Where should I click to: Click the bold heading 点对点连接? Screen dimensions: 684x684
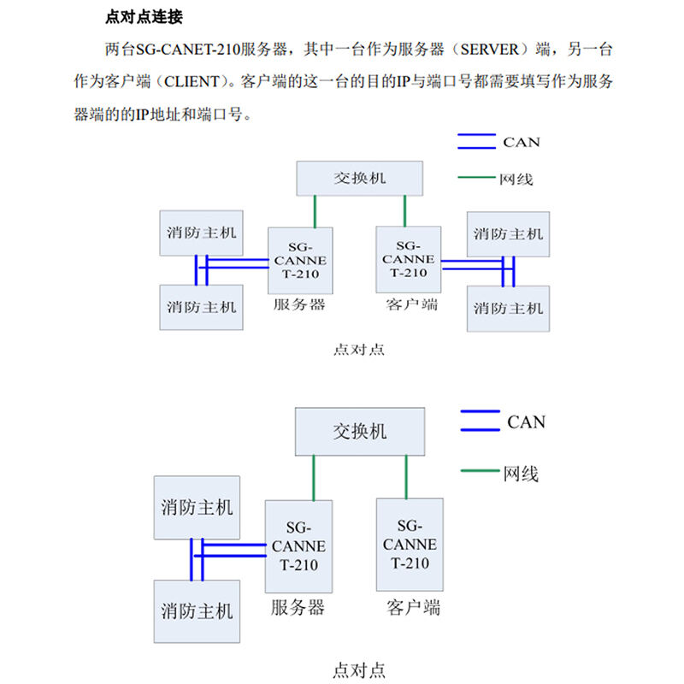coord(144,17)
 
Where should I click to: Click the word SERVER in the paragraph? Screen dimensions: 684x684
coord(489,50)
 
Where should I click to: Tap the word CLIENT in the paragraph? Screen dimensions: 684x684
coord(192,81)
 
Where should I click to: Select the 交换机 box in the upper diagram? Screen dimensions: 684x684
coord(359,179)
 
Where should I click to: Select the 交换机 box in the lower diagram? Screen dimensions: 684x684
coord(360,432)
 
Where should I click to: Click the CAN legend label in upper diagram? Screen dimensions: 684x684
coord(522,142)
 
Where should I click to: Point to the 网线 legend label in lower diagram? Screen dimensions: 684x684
coord(521,474)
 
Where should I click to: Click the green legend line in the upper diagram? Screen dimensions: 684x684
coord(476,178)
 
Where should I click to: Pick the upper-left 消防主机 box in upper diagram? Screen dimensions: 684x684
coord(201,233)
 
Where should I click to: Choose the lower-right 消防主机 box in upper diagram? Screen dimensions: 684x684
coord(508,309)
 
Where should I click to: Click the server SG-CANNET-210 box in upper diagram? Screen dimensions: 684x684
coord(300,261)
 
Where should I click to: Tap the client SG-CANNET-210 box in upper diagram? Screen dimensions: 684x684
coord(409,260)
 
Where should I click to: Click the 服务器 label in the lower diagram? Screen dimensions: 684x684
coord(298,608)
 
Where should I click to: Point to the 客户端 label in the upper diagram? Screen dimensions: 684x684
coord(412,304)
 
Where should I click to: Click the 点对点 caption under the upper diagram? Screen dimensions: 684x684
coord(359,350)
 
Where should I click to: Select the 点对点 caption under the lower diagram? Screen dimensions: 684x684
coord(359,670)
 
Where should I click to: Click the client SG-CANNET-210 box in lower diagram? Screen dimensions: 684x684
coord(410,545)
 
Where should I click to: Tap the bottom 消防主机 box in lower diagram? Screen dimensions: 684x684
coord(197,611)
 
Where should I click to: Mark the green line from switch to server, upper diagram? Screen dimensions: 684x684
coord(315,211)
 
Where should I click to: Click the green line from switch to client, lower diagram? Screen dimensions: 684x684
coord(406,477)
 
